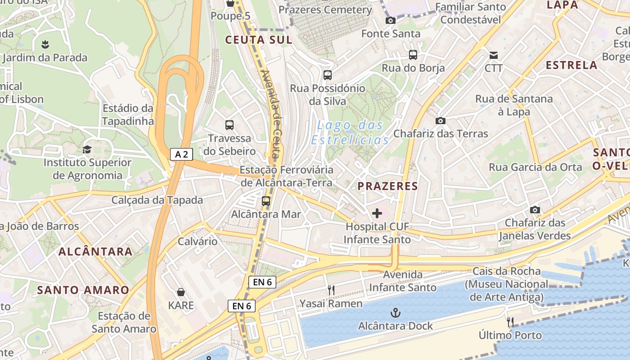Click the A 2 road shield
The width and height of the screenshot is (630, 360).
(182, 154)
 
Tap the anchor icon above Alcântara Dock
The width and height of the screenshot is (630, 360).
(395, 312)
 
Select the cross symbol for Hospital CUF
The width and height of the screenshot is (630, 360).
(377, 213)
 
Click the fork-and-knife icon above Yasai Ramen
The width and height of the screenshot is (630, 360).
(331, 290)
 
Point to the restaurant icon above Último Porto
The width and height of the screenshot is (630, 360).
(510, 322)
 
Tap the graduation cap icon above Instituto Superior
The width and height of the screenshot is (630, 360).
(87, 149)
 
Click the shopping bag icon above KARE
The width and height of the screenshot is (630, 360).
(181, 292)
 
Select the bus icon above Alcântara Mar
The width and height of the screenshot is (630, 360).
(266, 201)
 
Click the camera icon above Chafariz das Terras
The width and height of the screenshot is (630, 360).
(440, 121)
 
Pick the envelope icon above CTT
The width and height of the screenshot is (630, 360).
(494, 55)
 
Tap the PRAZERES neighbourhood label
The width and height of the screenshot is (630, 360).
(387, 186)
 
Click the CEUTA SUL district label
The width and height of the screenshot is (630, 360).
(259, 40)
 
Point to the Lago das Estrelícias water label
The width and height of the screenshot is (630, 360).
(350, 132)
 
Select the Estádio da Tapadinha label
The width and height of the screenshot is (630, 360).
(128, 115)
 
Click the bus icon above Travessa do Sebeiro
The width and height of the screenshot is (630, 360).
(229, 125)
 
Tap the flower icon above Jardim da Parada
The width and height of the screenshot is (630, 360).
(45, 44)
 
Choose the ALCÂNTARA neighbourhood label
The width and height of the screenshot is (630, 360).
(95, 252)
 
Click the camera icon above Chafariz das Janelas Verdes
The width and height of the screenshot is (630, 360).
(535, 210)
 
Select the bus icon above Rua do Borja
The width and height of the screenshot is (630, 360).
(413, 55)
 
